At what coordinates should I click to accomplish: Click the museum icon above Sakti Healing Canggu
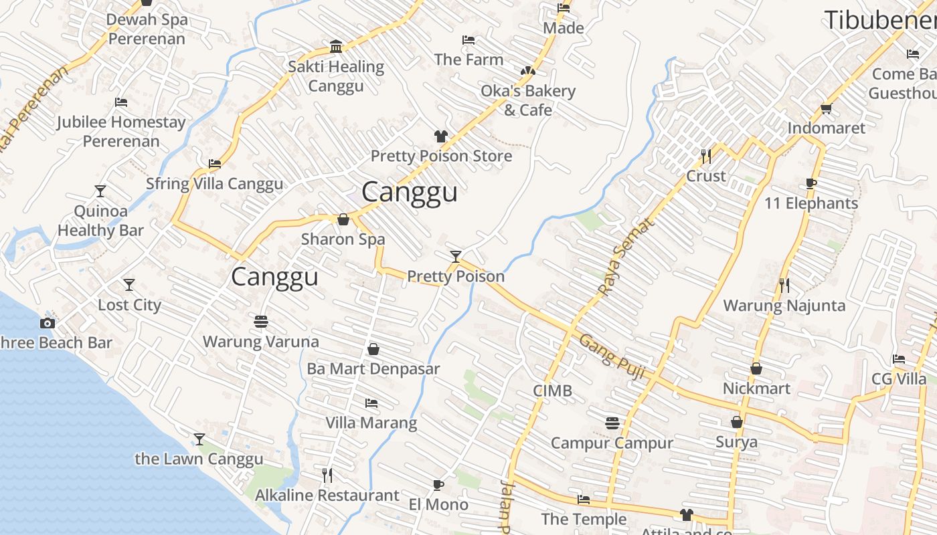tap(336, 46)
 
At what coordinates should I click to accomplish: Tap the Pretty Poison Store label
tap(441, 156)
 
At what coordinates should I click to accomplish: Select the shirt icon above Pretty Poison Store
tap(440, 136)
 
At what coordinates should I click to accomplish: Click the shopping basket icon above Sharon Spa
tap(343, 219)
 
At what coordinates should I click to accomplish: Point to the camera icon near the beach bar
tap(47, 324)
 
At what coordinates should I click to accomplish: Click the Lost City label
tap(130, 305)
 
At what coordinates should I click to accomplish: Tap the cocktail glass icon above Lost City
tap(129, 285)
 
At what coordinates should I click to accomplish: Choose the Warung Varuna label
tap(261, 342)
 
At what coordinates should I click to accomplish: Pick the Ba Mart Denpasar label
tap(373, 368)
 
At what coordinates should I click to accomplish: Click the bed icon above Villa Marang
tap(371, 403)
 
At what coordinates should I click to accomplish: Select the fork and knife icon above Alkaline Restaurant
tap(327, 475)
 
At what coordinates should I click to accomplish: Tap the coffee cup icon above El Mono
tap(438, 485)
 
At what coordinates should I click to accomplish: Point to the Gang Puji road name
tap(612, 356)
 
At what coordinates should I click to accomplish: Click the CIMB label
tap(552, 391)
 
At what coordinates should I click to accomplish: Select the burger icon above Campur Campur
tap(612, 423)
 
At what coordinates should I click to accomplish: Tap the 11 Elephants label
tap(811, 203)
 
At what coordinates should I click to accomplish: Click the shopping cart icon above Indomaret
tap(826, 108)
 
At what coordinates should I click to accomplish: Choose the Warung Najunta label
tap(784, 306)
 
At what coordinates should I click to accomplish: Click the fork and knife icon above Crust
tap(706, 156)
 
